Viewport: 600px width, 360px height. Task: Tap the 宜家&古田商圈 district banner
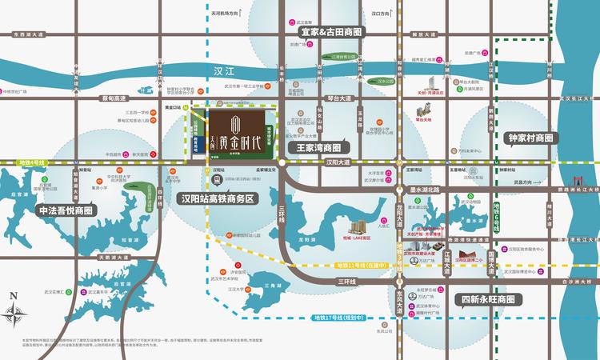tap(330, 33)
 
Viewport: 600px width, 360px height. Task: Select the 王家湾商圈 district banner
tap(318, 148)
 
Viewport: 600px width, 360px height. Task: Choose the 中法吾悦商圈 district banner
tap(66, 210)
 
